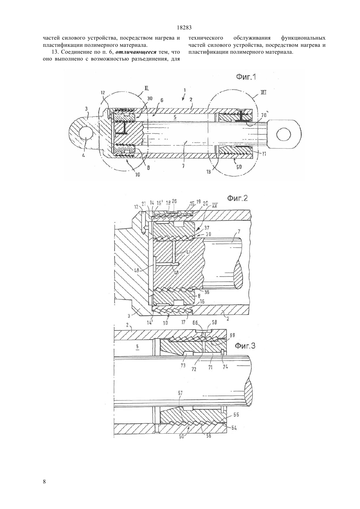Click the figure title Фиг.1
246,77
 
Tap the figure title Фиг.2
238,198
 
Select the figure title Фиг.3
245,346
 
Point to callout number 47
188,252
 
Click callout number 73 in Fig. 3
183,366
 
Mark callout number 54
234,428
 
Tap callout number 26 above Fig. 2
174,201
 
